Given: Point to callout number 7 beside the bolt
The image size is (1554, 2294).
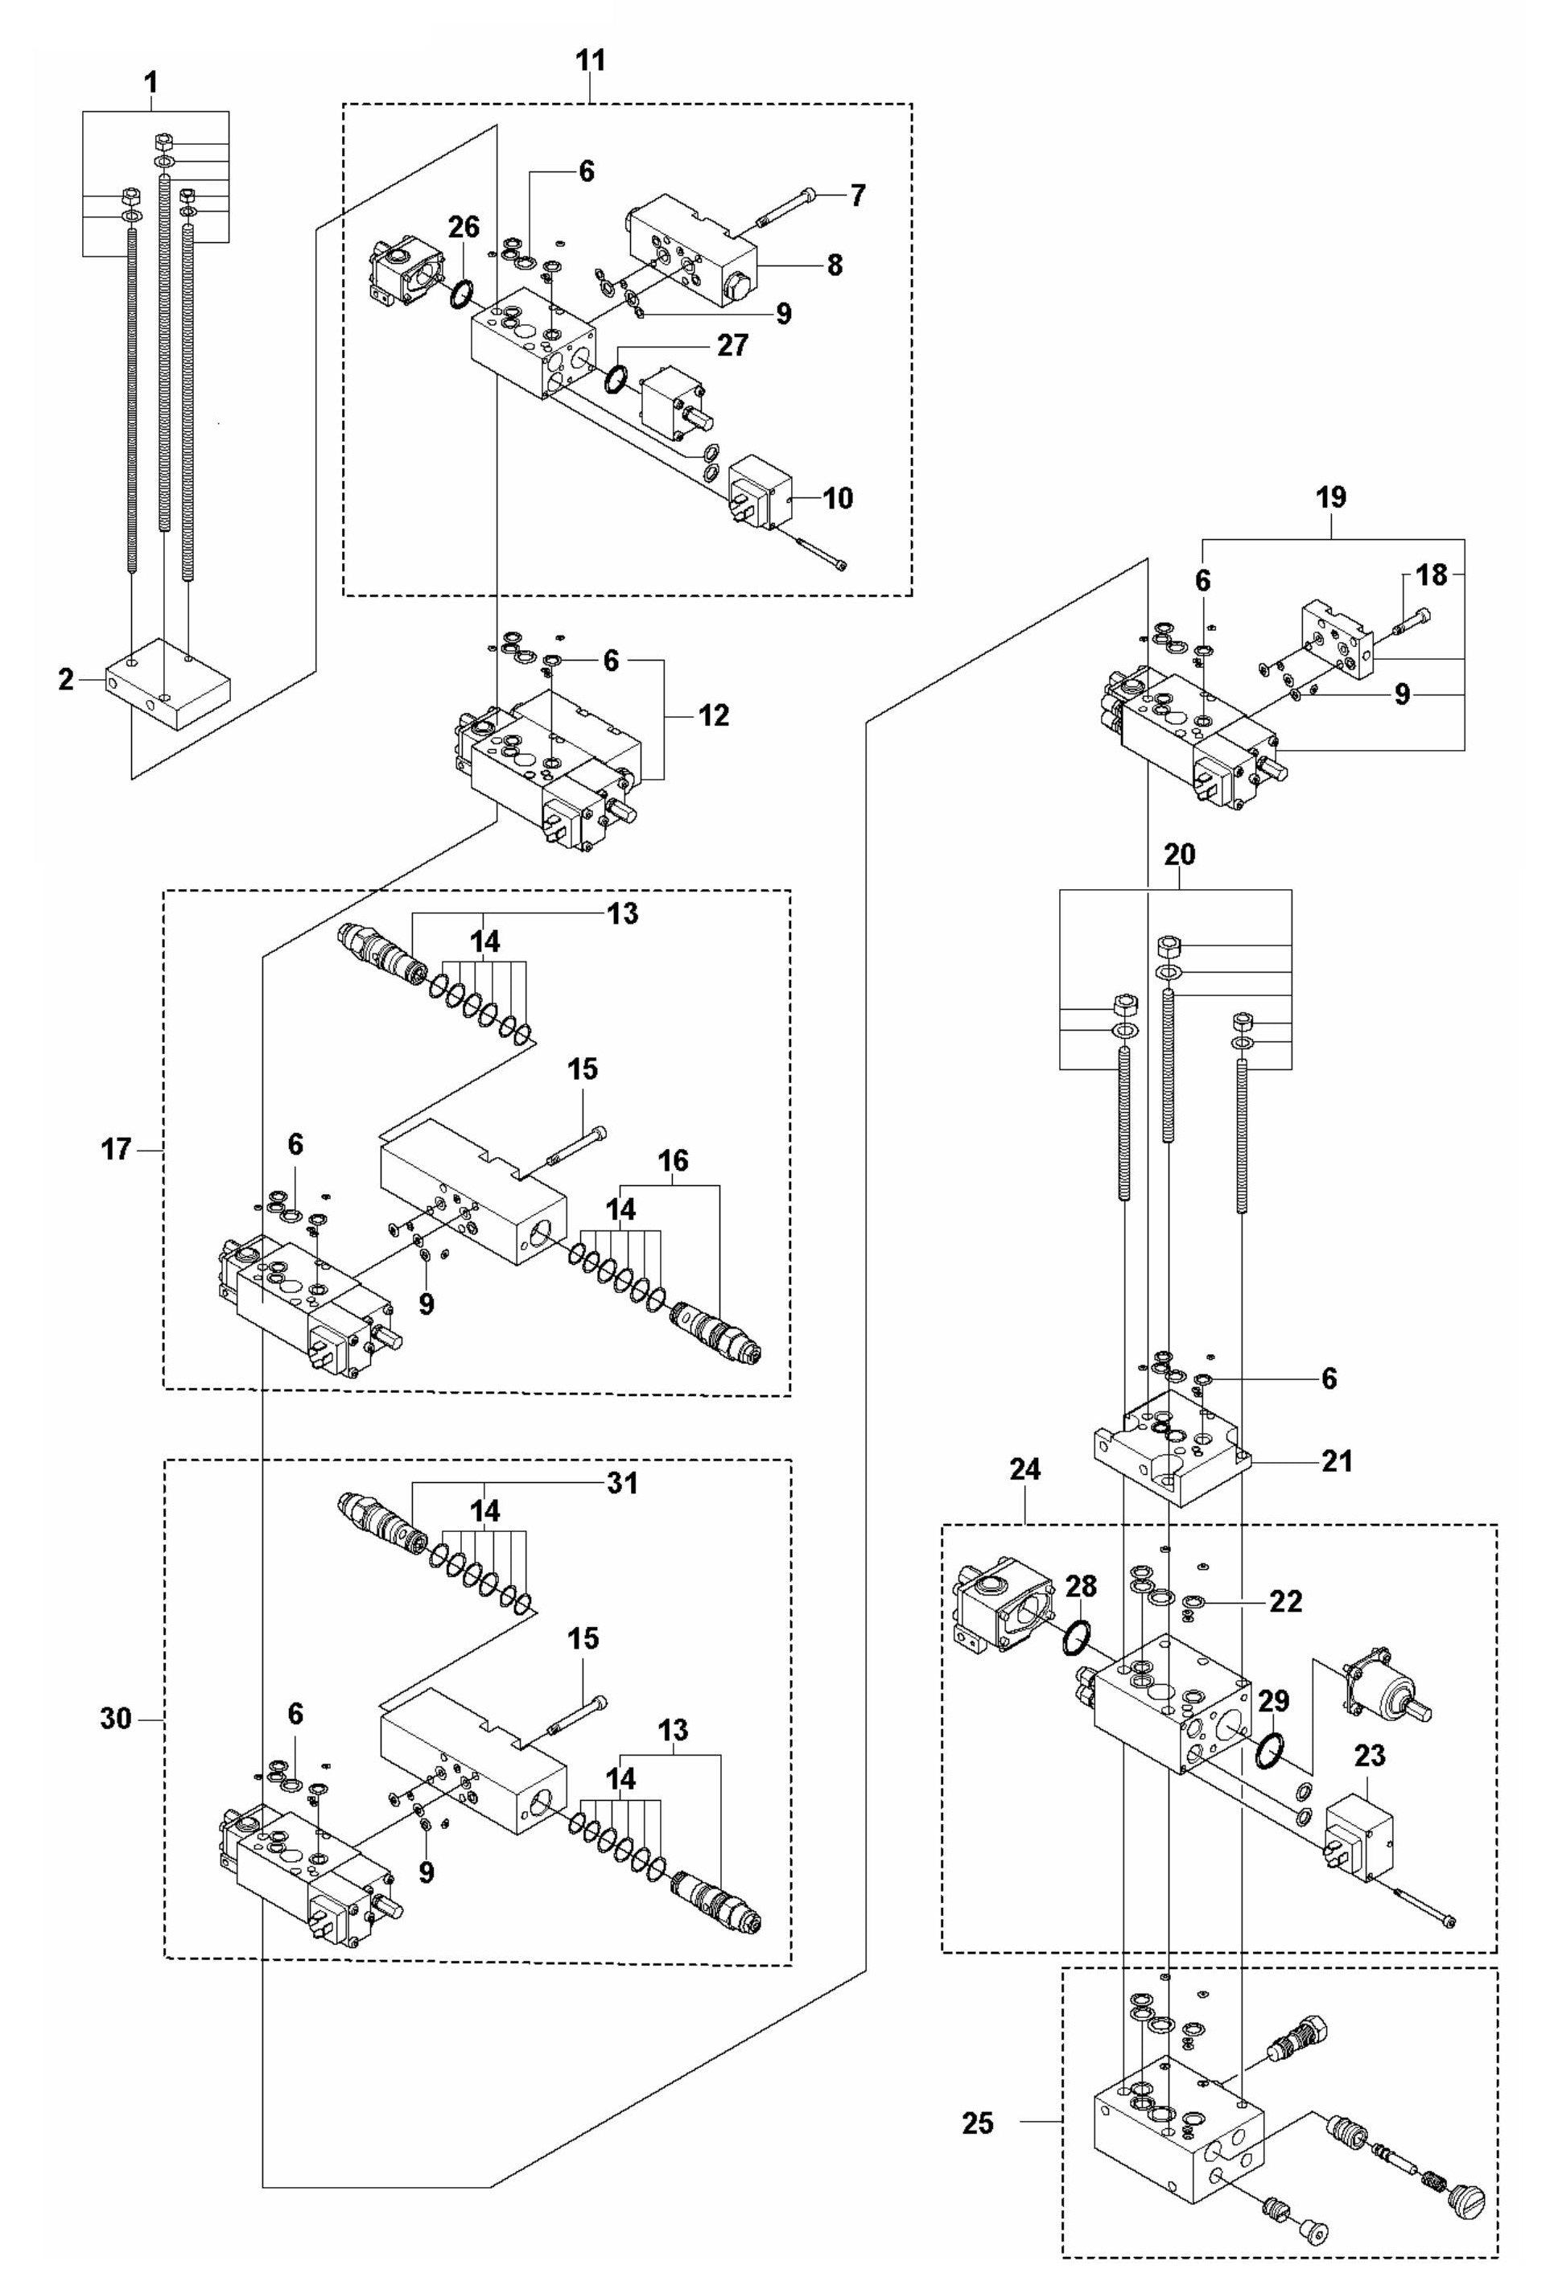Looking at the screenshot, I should (x=857, y=196).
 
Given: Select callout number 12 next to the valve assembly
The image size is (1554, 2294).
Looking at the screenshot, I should (x=713, y=715).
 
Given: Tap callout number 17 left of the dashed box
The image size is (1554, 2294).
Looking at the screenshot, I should (x=116, y=1150).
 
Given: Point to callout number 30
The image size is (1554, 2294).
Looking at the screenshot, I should (x=116, y=1719).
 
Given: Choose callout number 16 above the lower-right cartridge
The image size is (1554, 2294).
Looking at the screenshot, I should (x=674, y=1161).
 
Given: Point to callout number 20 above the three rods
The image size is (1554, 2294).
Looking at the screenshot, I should (x=1179, y=854).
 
